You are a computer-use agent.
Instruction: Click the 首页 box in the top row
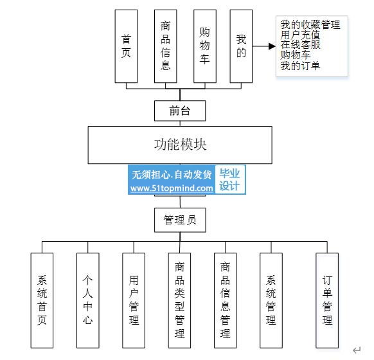click(x=126, y=46)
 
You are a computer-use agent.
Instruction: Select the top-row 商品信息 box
click(x=166, y=46)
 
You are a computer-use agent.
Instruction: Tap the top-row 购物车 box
click(x=205, y=46)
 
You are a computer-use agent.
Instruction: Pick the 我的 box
click(x=241, y=46)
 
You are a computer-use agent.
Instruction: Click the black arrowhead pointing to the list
click(x=272, y=46)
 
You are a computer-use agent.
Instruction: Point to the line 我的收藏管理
click(x=310, y=25)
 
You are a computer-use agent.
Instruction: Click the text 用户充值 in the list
click(x=300, y=35)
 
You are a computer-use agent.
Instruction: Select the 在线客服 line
click(x=300, y=45)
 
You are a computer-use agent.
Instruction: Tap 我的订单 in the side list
click(x=300, y=66)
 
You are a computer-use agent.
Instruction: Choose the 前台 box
click(x=180, y=111)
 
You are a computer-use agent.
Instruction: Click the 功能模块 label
click(x=180, y=145)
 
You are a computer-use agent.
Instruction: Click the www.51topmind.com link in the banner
click(x=172, y=188)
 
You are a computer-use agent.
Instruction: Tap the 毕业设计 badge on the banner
click(x=229, y=179)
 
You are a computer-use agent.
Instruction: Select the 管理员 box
click(x=180, y=220)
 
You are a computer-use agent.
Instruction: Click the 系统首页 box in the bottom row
click(x=42, y=300)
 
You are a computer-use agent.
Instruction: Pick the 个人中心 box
click(x=88, y=300)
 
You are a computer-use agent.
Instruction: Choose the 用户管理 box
click(x=134, y=300)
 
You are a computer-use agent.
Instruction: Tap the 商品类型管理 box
click(x=179, y=300)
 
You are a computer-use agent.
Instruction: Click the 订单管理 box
click(x=327, y=300)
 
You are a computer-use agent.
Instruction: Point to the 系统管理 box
click(x=271, y=300)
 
